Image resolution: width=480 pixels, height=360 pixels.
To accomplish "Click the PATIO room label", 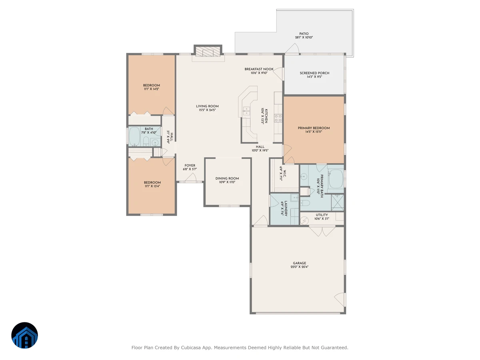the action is pos(304,34).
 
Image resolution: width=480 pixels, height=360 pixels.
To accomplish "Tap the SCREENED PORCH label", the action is pos(314,73).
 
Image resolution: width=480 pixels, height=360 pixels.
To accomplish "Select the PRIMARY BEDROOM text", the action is pos(314,128).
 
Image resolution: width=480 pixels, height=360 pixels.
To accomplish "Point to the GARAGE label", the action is pos(299,263).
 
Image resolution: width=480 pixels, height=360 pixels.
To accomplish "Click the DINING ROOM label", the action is pos(227,178).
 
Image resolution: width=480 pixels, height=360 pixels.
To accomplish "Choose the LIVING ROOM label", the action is pos(207,106).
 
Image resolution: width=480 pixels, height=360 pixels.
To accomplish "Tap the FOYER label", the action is pos(190,165).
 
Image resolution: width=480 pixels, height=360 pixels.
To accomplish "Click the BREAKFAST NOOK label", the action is pos(259,69).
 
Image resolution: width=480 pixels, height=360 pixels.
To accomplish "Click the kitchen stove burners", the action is pos(278,118).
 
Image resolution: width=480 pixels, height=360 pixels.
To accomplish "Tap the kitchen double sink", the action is pos(246,111).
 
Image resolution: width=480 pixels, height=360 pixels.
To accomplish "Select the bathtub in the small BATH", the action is pos(134,136).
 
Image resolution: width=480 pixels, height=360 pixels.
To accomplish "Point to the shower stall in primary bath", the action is pos(338,203).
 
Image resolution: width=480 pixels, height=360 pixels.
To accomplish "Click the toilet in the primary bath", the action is pos(305,203).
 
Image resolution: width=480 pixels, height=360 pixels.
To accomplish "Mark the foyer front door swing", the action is pos(191,177).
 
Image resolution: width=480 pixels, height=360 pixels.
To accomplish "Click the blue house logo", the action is pos(24,335).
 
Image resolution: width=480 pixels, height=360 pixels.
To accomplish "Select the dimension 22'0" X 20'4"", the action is pos(299,267).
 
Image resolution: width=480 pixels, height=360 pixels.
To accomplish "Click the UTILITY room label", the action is pos(322,215).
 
